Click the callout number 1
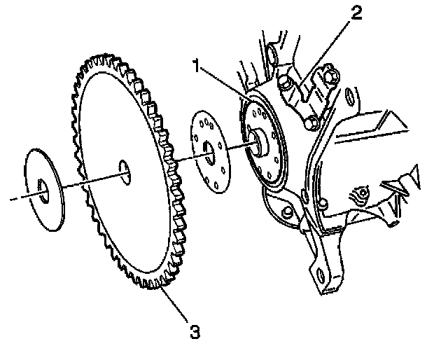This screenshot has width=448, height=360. click(200, 68)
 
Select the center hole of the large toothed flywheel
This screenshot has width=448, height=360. click(124, 170)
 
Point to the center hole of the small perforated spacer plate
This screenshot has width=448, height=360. click(211, 149)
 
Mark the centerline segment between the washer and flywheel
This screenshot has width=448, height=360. click(73, 183)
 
